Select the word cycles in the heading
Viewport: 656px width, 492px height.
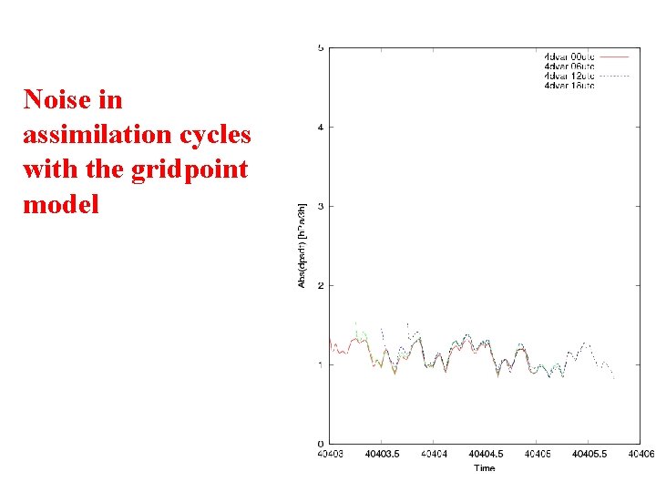(x=215, y=135)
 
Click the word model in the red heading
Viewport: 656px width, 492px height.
(x=60, y=204)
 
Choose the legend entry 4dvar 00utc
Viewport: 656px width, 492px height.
(x=569, y=56)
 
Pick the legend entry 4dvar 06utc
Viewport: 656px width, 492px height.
(x=569, y=67)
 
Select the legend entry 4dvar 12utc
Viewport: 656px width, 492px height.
(x=569, y=76)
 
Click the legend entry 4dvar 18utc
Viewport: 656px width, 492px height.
(x=569, y=86)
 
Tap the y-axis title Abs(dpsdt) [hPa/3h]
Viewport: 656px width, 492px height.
(x=302, y=246)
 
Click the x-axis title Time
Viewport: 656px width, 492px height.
(x=485, y=467)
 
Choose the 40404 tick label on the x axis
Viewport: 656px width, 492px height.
(x=433, y=454)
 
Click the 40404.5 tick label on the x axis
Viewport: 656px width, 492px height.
(x=485, y=454)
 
